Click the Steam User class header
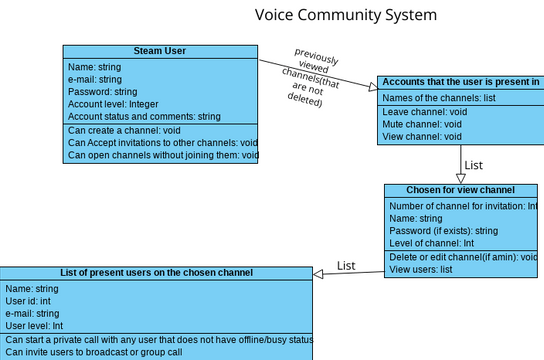tap(160, 52)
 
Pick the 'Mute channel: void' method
tap(421, 124)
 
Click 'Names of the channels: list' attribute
tap(439, 97)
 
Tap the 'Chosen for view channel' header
tap(460, 190)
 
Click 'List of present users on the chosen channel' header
tap(157, 272)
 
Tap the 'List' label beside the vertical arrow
tap(475, 165)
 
